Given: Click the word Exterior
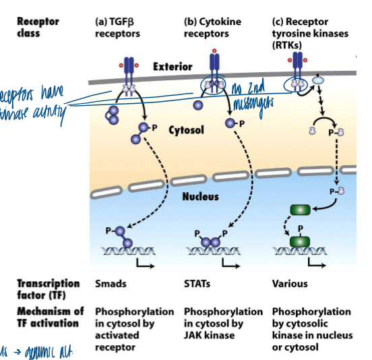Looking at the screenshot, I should pyautogui.click(x=173, y=67).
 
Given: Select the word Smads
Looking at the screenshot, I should pyautogui.click(x=111, y=284).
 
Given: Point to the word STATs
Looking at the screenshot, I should pyautogui.click(x=197, y=284).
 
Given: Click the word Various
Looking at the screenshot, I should pyautogui.click(x=290, y=284).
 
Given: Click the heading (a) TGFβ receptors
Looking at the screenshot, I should pyautogui.click(x=119, y=26).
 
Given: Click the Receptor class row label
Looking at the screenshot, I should pyautogui.click(x=38, y=26).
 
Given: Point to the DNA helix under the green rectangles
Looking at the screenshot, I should pyautogui.click(x=297, y=252).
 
